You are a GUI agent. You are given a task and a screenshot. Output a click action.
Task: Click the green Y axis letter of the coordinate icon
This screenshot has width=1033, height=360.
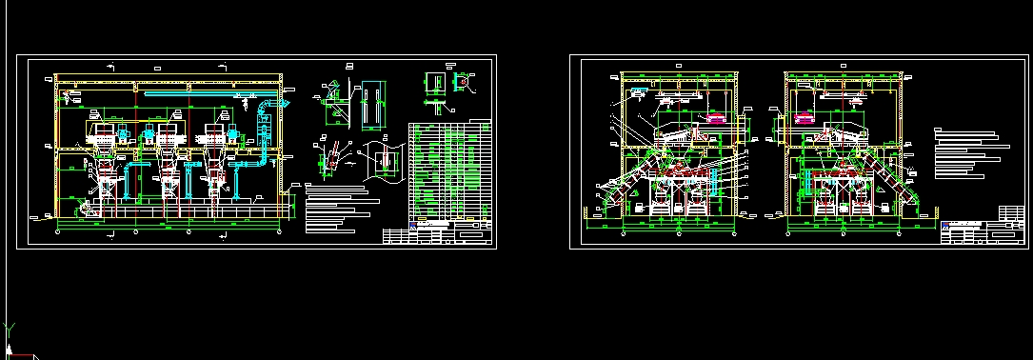coord(10,328)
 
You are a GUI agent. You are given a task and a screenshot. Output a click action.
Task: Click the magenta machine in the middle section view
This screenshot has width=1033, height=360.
coord(714,118)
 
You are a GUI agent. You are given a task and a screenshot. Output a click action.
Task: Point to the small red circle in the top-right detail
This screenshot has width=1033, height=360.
coord(464,82)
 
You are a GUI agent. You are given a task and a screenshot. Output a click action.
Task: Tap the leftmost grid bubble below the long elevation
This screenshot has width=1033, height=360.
coord(58,230)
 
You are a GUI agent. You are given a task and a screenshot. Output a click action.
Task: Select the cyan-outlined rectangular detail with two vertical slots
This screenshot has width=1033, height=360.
coord(371,102)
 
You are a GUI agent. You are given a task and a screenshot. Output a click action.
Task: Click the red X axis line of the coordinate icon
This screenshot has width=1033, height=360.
coord(24,356)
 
